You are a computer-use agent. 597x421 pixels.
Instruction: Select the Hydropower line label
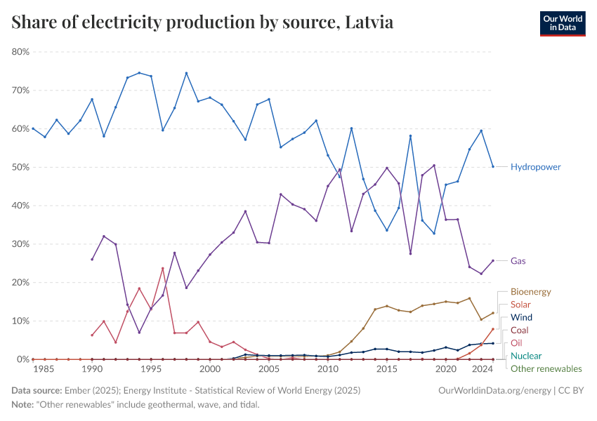coord(535,167)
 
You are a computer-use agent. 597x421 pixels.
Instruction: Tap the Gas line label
coord(518,261)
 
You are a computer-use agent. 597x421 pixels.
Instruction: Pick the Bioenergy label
coord(530,292)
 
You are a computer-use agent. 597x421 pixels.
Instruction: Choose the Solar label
coord(520,305)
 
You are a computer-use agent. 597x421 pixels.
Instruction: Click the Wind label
coord(521,318)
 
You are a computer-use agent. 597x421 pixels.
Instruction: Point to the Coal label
coord(520,330)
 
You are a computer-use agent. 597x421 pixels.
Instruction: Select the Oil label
coord(516,343)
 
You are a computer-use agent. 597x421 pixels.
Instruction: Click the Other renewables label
coord(546,368)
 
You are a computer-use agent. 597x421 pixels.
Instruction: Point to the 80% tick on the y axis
coord(20,52)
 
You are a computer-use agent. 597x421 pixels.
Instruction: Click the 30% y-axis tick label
coord(20,244)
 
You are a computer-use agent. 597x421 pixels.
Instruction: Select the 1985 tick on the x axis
coord(44,368)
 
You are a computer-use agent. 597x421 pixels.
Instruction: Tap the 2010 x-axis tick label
coord(327,368)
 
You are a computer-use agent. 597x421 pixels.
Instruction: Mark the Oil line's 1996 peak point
coord(162,268)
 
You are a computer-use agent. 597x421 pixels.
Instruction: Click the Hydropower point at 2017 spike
coord(410,136)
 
